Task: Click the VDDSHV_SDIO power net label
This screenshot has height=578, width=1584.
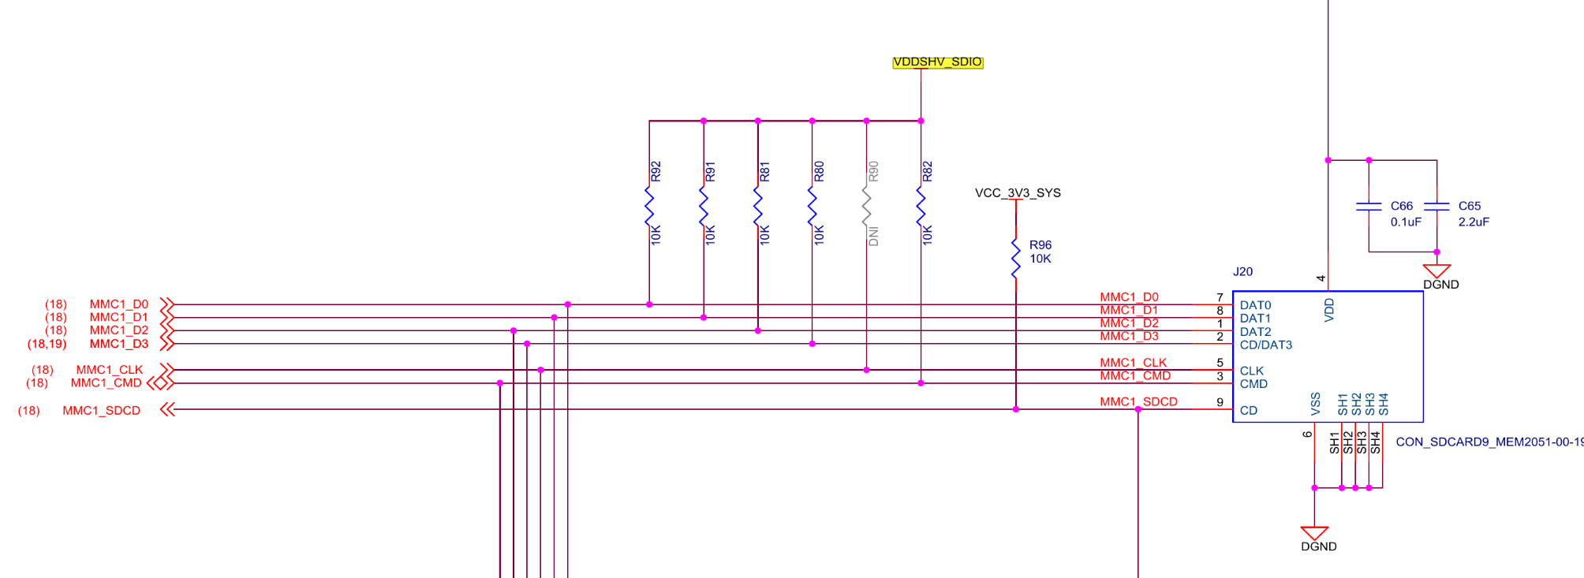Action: coord(938,62)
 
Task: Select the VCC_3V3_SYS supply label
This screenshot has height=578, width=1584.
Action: coord(1018,193)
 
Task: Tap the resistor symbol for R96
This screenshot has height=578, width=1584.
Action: coord(1016,258)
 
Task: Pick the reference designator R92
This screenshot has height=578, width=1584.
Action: coord(656,172)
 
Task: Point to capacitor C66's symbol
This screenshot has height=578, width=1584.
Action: coord(1369,207)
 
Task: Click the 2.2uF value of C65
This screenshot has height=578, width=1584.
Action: coord(1474,222)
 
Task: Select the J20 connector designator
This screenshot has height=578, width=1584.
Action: coord(1243,271)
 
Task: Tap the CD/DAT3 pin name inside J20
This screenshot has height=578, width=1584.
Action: coord(1266,345)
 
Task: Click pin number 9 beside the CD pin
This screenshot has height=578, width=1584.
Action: coord(1220,402)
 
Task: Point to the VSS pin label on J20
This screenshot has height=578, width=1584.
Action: coord(1316,404)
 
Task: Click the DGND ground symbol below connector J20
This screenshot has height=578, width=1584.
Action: coord(1315,534)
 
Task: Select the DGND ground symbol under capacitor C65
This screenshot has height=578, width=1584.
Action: coord(1437,271)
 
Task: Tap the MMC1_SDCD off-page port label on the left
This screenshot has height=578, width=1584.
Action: coord(102,411)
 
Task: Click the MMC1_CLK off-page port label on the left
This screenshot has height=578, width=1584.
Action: coord(110,370)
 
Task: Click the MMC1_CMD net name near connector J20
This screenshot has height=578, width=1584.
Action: coord(1135,376)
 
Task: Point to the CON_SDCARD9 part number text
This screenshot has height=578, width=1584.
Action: coord(1489,442)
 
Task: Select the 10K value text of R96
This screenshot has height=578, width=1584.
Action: coord(1040,259)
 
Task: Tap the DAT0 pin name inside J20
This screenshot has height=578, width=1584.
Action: coord(1255,305)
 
